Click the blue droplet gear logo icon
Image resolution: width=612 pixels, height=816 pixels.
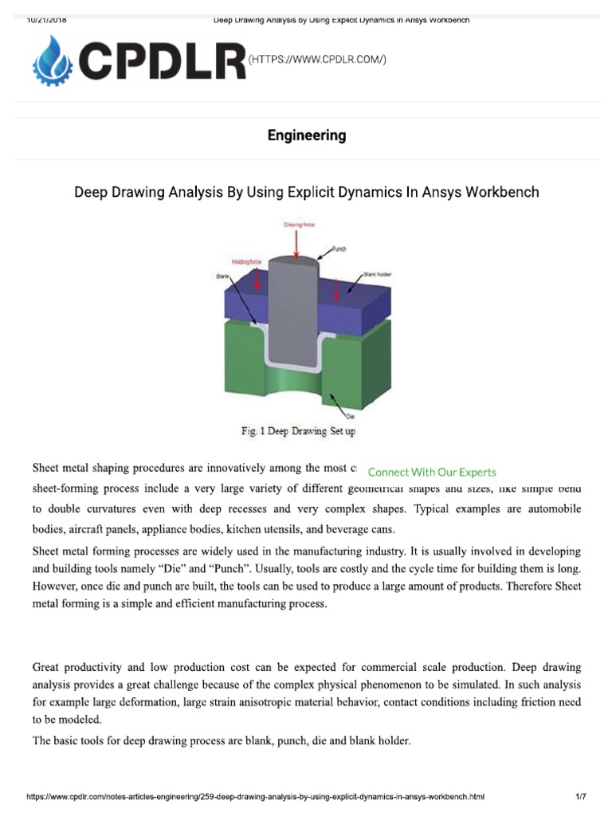click(53, 61)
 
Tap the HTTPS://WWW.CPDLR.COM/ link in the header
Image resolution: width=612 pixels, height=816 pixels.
click(317, 61)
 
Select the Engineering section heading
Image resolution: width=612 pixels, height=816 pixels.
click(306, 135)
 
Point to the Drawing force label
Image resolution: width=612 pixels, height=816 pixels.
click(300, 226)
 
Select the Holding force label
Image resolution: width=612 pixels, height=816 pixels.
click(247, 261)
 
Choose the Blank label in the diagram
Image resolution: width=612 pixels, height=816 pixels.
click(222, 277)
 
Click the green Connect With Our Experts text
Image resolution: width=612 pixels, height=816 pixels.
click(432, 472)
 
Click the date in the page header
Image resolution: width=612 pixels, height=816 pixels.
click(46, 20)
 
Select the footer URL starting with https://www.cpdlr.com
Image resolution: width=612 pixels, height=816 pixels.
click(255, 796)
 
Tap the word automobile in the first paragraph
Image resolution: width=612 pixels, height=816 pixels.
click(553, 508)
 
